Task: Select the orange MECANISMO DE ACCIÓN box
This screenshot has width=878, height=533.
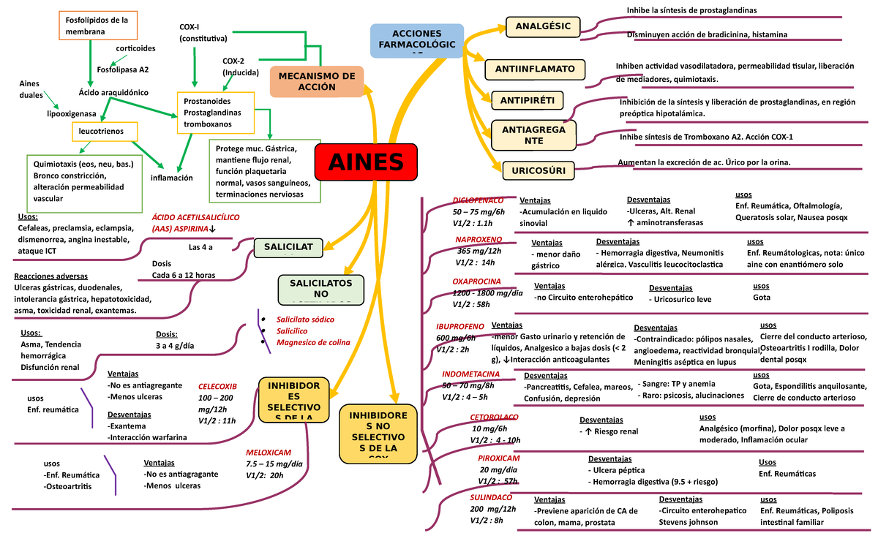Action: (x=317, y=81)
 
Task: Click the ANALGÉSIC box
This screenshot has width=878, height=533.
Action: (x=543, y=27)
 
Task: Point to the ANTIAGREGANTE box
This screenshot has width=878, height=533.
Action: (x=533, y=135)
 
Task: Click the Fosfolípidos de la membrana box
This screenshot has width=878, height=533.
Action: (x=97, y=26)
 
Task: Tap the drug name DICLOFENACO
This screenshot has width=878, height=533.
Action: (x=478, y=200)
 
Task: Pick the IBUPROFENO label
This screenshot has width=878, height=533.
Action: (x=460, y=325)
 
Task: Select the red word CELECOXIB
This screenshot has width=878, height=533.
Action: (x=217, y=386)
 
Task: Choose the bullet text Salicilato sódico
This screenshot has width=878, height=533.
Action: (x=303, y=320)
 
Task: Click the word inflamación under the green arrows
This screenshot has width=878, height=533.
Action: (x=171, y=178)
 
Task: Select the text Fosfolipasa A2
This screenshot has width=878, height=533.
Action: (x=123, y=70)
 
